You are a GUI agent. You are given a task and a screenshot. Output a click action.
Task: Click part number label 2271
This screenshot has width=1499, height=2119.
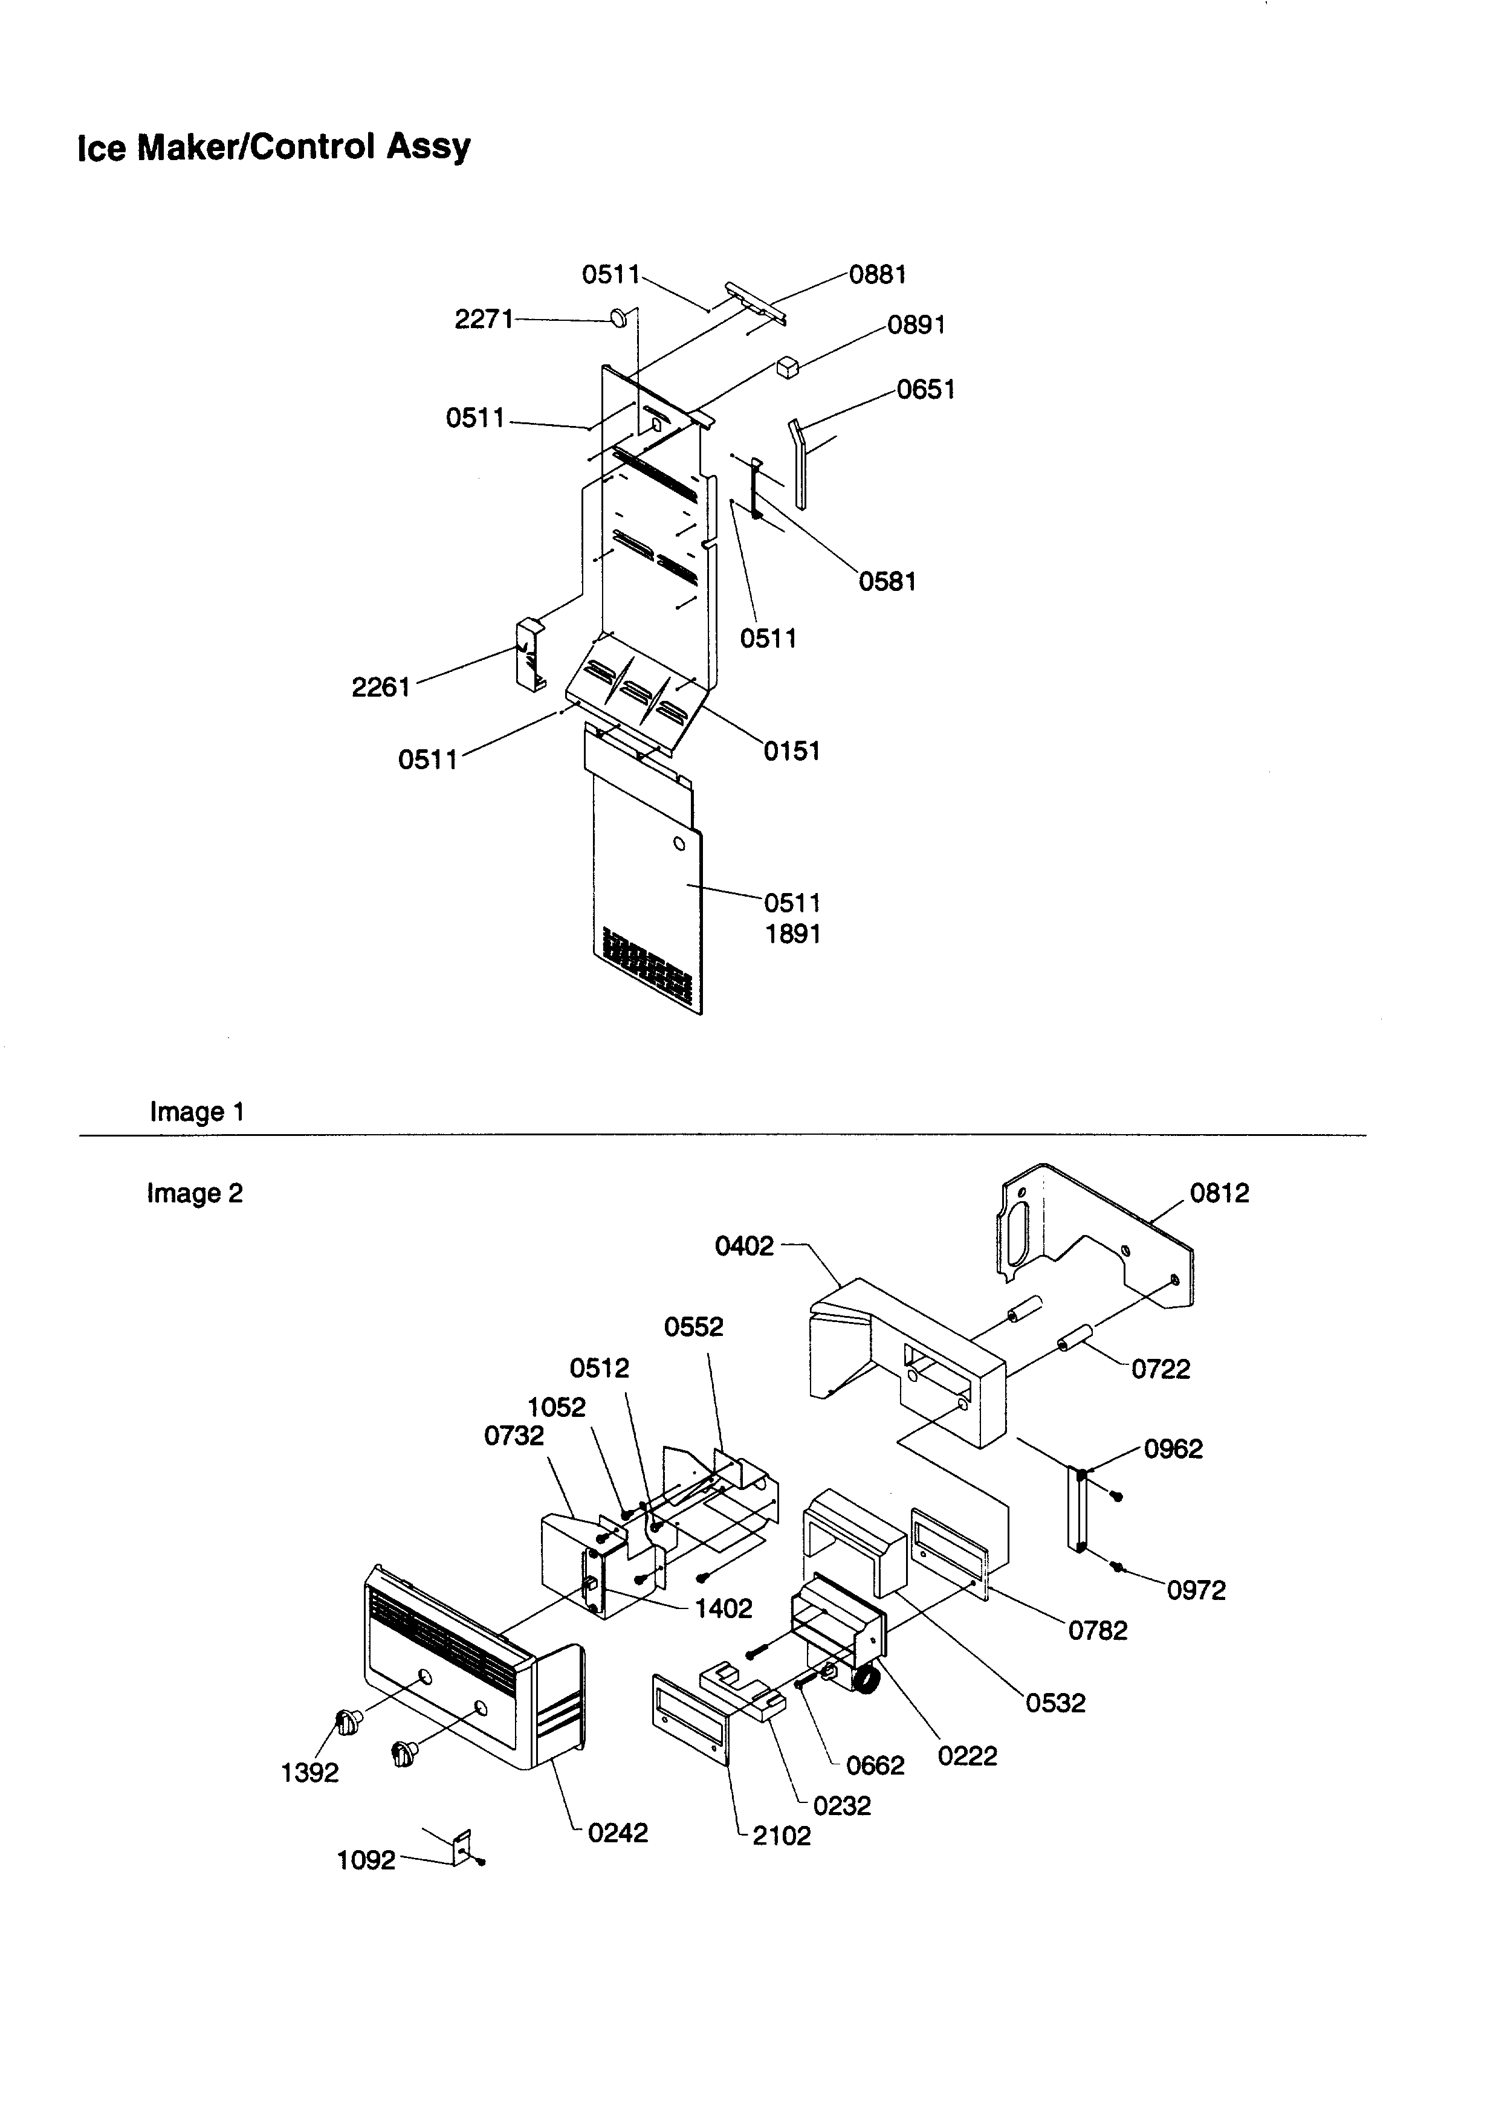[x=484, y=319]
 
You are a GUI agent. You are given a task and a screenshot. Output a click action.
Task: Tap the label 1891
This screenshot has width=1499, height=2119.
[x=792, y=934]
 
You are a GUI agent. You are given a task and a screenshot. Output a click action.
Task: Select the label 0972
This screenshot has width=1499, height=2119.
[x=1196, y=1590]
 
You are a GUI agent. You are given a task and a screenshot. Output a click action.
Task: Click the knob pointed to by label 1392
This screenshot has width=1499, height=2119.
[x=348, y=1721]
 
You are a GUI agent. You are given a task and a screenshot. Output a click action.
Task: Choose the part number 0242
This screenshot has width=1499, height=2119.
[x=618, y=1833]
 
